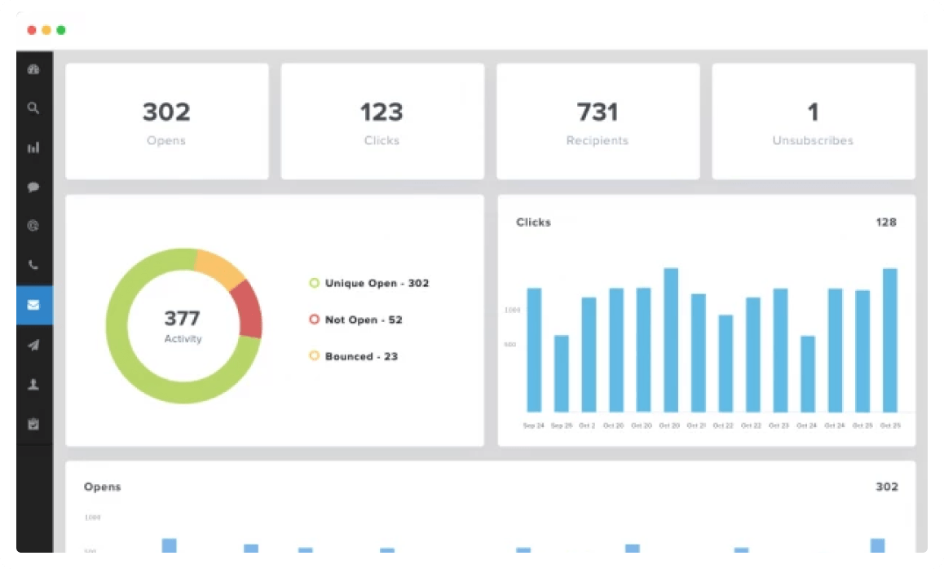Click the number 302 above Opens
(x=166, y=112)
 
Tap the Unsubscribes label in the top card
(x=813, y=140)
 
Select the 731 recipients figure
(x=598, y=112)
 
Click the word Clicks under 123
(x=382, y=140)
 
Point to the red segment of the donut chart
(x=249, y=311)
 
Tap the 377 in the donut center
(x=182, y=318)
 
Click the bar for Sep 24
(x=534, y=351)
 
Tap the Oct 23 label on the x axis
(x=779, y=426)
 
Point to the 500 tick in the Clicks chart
(x=510, y=345)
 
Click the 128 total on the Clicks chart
(x=886, y=222)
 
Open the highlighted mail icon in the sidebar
(x=33, y=306)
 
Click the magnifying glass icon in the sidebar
(x=33, y=108)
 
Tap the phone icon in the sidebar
(x=33, y=266)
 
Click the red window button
(x=32, y=30)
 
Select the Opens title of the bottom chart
(x=102, y=487)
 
